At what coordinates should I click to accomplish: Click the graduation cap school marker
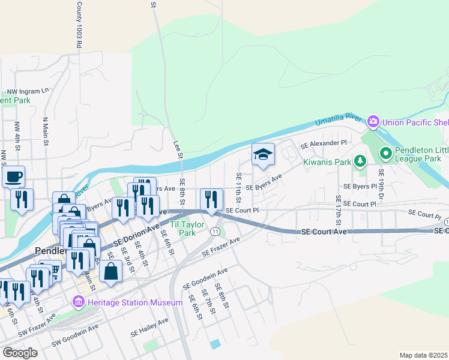point(263,155)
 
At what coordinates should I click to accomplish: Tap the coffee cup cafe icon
point(13,176)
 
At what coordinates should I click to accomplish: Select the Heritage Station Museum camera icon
point(78,302)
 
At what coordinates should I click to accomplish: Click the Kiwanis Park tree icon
point(360,160)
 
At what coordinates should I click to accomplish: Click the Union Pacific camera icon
point(373,122)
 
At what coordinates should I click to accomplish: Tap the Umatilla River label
point(339,122)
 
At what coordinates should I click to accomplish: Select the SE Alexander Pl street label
point(324,145)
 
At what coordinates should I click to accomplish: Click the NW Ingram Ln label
point(28,91)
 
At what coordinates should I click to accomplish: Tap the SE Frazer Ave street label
point(221,247)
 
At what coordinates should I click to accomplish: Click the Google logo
point(20,353)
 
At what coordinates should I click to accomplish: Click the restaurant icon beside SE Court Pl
point(211,200)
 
